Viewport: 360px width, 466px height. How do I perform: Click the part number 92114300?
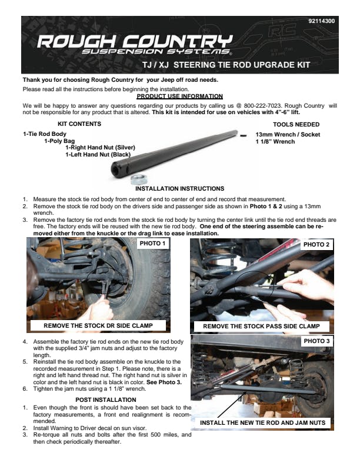321,21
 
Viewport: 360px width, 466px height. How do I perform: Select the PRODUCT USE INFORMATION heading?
179,96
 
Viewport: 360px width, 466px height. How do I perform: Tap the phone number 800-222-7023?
262,106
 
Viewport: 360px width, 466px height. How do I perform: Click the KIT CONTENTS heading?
79,124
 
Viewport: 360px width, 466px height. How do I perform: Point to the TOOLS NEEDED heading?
296,125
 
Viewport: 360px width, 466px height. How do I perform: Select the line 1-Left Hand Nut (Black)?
98,155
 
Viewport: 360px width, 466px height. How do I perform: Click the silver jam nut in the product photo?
138,179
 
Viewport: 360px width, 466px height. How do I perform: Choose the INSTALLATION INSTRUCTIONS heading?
179,189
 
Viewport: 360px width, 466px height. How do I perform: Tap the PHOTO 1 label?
152,244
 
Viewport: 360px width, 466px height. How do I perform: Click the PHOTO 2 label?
316,245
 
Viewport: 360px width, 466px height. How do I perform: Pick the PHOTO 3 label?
316,341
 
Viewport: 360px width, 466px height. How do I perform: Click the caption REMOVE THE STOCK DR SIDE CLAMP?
98,326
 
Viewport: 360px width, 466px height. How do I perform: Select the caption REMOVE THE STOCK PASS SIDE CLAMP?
261,327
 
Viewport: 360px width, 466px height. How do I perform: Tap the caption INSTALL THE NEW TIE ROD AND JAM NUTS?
262,422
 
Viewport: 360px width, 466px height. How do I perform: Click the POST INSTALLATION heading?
106,400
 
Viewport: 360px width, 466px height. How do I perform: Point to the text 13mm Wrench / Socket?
288,134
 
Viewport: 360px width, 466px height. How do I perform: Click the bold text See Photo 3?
164,382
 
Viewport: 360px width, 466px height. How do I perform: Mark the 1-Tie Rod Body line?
45,134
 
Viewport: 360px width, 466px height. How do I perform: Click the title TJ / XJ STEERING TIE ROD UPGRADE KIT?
226,65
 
